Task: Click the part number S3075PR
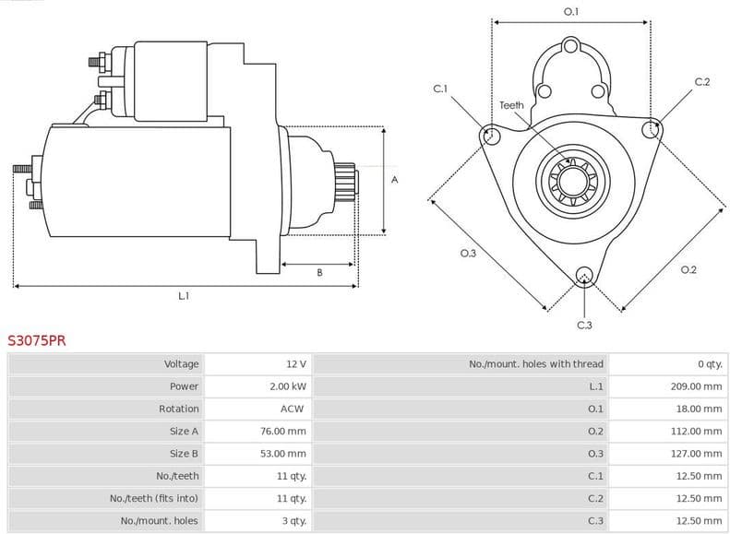[37, 340]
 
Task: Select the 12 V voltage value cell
[295, 364]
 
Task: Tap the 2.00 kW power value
[287, 386]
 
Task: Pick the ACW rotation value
[292, 409]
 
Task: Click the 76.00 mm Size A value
[282, 431]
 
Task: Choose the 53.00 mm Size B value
[282, 454]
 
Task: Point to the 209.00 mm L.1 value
[696, 386]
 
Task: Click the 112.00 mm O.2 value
[696, 431]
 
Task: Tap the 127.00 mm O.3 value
[696, 454]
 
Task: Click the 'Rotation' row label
[178, 409]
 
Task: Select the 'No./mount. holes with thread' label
[535, 364]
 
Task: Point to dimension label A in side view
[394, 180]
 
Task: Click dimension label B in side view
[319, 272]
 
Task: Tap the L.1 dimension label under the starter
[184, 296]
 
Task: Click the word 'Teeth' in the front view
[511, 105]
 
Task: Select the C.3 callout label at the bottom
[583, 325]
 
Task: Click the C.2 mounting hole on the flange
[652, 128]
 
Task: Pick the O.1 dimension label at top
[570, 11]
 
